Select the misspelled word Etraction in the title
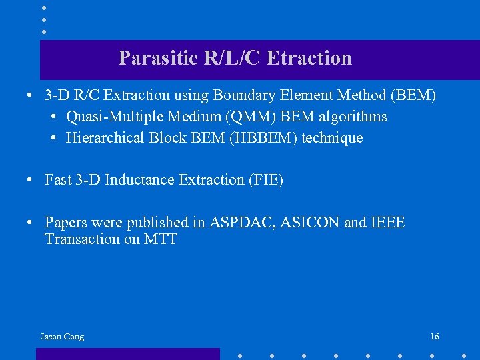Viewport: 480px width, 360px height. pos(309,59)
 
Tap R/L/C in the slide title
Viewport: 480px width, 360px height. pos(233,59)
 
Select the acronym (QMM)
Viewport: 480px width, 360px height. pos(249,117)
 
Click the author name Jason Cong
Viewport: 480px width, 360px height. pos(62,337)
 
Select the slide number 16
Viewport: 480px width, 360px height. pos(435,337)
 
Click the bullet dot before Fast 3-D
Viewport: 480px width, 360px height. pos(31,181)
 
